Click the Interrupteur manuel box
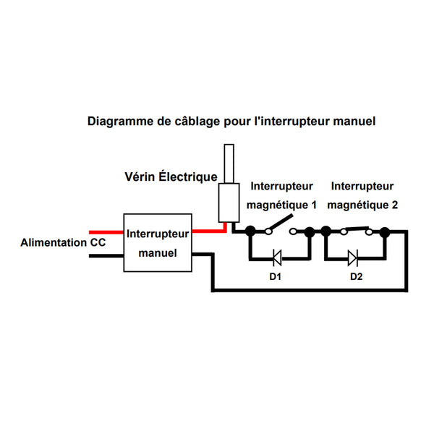tap(158, 243)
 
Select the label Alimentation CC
tap(64, 242)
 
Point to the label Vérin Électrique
tap(171, 176)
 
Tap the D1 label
tap(276, 277)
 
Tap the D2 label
tap(356, 277)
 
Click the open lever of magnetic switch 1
tap(280, 224)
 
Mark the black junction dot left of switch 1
tap(250, 231)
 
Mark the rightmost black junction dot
tap(385, 231)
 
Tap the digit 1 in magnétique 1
tap(314, 205)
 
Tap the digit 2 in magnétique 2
tap(394, 205)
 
